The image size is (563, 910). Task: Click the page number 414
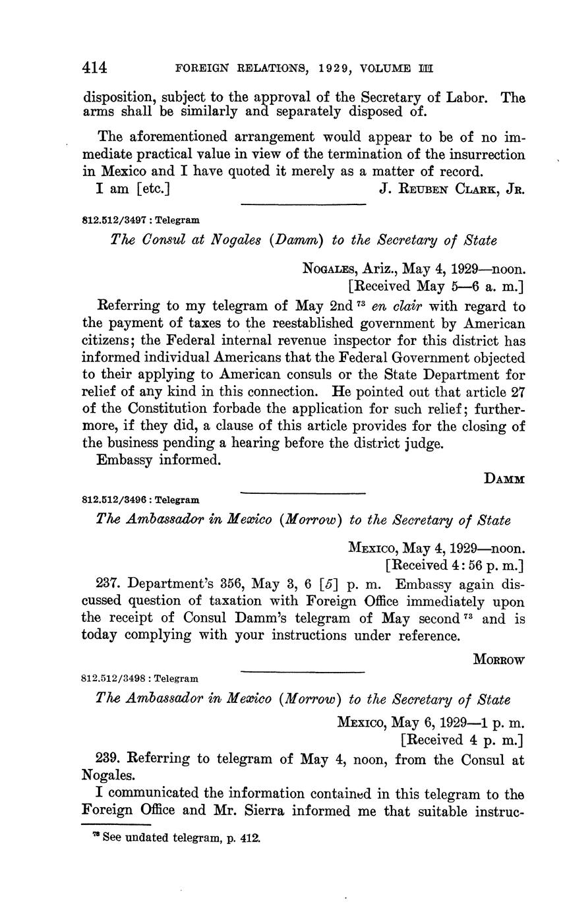pos(94,67)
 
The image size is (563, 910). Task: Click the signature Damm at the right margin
pos(504,479)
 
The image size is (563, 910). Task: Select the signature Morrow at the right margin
pos(499,660)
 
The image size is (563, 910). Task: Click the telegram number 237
pos(107,584)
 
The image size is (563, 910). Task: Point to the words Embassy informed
pos(158,460)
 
